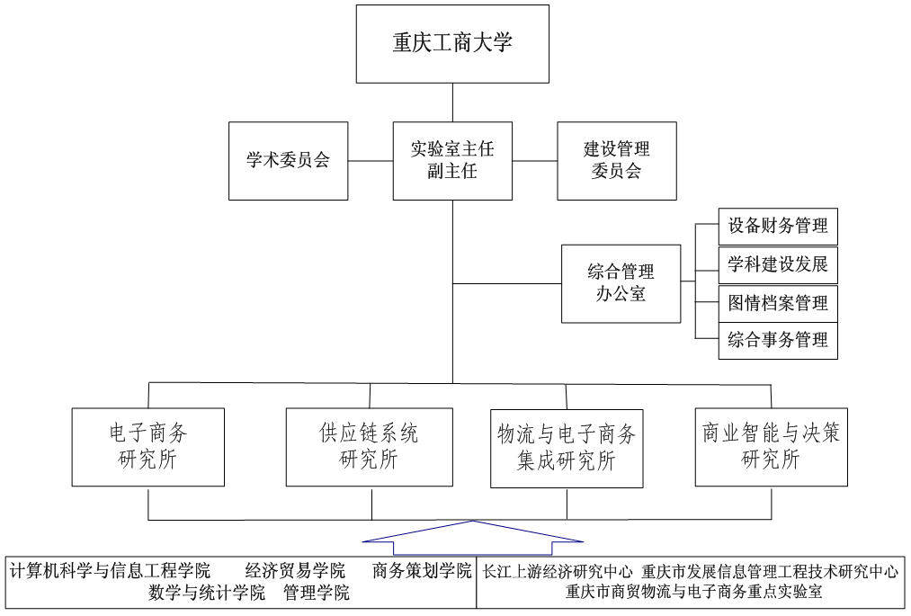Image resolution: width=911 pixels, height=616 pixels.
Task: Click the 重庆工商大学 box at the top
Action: [452, 43]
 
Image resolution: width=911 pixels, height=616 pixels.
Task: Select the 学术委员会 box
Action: [288, 161]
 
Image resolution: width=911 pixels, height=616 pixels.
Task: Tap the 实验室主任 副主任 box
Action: [452, 161]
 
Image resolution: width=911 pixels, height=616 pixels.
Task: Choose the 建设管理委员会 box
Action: [617, 161]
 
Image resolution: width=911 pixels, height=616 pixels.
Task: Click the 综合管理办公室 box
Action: [621, 283]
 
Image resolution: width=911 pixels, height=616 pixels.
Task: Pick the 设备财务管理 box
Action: [778, 227]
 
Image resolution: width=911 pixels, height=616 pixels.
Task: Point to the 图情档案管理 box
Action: [778, 303]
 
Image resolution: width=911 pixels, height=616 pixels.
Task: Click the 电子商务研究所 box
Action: [148, 447]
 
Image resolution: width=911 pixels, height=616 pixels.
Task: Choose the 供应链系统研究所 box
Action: [369, 447]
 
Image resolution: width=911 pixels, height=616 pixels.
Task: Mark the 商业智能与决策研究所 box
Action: [771, 447]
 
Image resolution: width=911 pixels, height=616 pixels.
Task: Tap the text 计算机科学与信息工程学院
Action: [111, 571]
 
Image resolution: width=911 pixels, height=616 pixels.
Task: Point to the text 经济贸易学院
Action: [295, 571]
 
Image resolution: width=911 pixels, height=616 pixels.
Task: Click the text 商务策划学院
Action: [422, 571]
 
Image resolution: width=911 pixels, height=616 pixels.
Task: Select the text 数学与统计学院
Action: [208, 593]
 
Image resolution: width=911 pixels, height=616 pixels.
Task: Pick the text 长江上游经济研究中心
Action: [558, 571]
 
